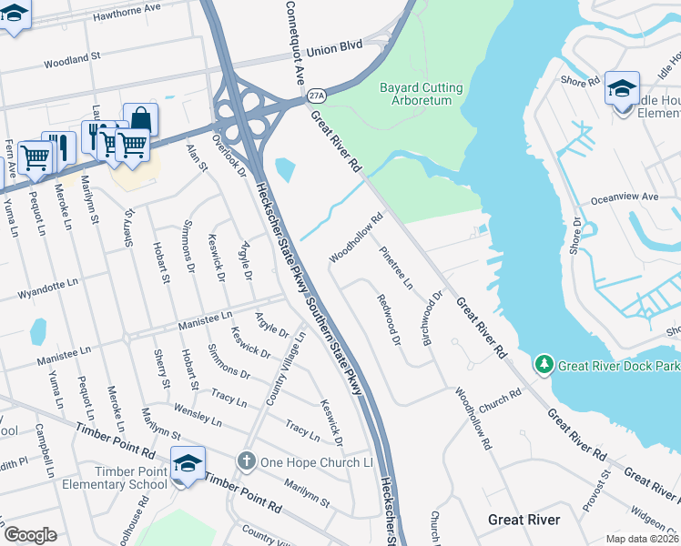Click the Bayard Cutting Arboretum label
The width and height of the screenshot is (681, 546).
(420, 94)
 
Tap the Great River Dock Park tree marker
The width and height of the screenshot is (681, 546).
(544, 365)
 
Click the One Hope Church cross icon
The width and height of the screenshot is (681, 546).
(246, 462)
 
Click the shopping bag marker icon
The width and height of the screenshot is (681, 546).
(140, 118)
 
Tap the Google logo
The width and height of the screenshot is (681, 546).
(30, 535)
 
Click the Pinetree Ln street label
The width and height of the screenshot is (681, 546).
(397, 266)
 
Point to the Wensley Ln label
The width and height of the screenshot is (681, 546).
(197, 416)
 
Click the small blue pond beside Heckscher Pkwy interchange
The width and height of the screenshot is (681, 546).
(284, 169)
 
